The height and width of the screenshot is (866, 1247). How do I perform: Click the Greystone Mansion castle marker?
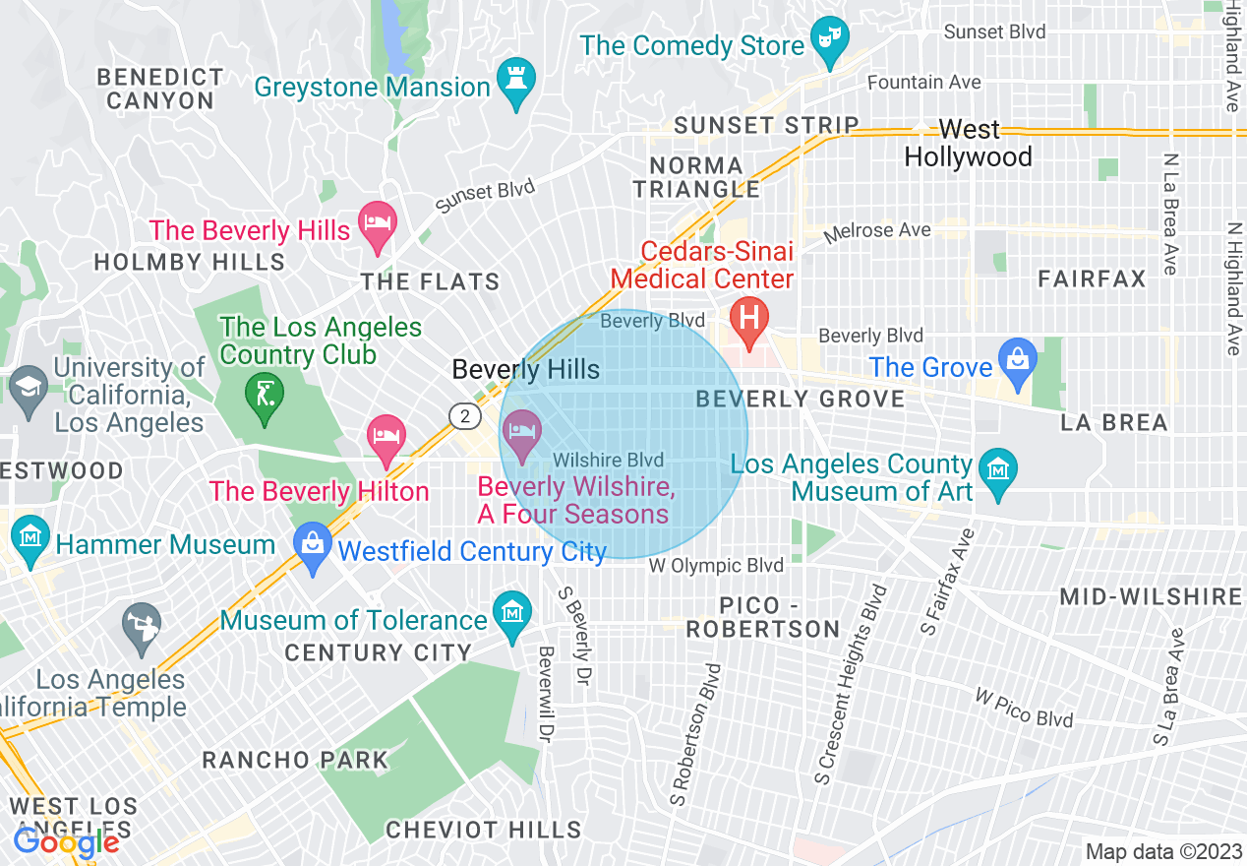point(514,84)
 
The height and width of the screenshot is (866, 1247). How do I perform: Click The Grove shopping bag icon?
point(1018,360)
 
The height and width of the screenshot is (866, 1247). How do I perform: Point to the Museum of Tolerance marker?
point(512,615)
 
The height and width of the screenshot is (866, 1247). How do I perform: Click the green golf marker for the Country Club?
point(264,397)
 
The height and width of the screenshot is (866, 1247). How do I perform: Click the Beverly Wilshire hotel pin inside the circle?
point(522,434)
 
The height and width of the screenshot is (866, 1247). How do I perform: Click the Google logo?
point(66,842)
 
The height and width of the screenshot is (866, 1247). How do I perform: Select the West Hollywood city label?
point(968,144)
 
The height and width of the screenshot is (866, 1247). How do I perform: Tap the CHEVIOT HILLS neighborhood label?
point(483,830)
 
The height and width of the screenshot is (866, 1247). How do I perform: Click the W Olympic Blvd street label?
point(716,566)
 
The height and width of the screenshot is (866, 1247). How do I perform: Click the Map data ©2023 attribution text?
point(1160,851)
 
